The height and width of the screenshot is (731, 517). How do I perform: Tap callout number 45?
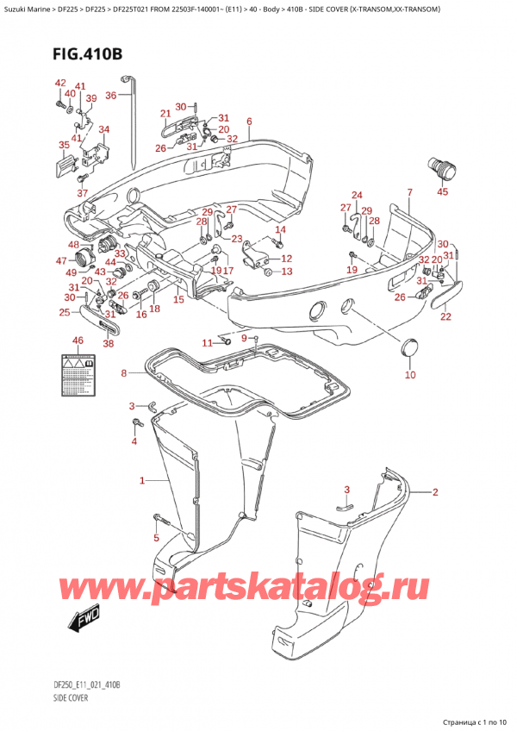click(x=443, y=192)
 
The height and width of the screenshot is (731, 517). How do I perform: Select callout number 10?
click(x=410, y=375)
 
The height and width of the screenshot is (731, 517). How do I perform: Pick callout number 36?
click(x=111, y=96)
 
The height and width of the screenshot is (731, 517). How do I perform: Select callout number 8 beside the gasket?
click(x=124, y=373)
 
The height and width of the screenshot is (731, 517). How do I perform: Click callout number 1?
click(x=142, y=480)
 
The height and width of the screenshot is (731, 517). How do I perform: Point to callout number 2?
click(x=436, y=493)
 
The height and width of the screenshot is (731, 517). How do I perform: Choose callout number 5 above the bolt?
click(x=156, y=540)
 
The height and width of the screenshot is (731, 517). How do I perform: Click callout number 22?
click(x=445, y=316)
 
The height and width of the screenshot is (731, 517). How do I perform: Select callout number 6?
click(x=248, y=122)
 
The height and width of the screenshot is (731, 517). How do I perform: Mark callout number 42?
click(x=59, y=83)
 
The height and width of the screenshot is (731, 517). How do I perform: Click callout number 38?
click(x=109, y=343)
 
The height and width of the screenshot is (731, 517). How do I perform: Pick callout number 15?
click(x=178, y=300)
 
